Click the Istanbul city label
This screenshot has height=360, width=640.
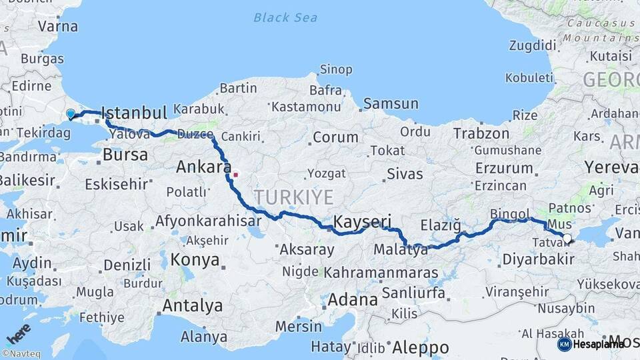click(x=134, y=112)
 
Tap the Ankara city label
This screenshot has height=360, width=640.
click(x=203, y=167)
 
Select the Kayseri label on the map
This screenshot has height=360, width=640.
click(x=361, y=221)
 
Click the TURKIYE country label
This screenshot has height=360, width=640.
click(x=293, y=197)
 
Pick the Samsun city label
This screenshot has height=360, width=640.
click(x=391, y=103)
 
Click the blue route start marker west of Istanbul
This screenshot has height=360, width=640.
click(x=71, y=114)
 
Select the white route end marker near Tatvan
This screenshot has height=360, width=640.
click(x=567, y=237)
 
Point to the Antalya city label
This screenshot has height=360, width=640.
click(x=192, y=306)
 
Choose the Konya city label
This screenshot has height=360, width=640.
click(x=195, y=259)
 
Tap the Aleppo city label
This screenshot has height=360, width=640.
click(x=420, y=347)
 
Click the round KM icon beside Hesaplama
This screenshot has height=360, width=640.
click(x=564, y=344)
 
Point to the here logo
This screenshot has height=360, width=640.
click(x=17, y=332)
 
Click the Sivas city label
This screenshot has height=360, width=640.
click(x=405, y=174)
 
